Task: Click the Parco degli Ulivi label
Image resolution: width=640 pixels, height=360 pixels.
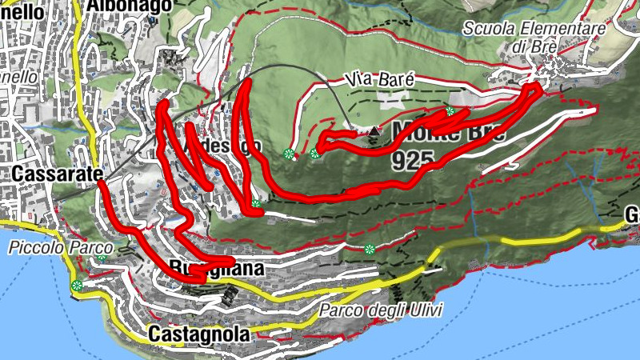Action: point(380,310)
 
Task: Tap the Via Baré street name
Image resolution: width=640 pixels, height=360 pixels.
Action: point(381,80)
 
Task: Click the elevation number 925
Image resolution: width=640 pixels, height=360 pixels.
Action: point(413,161)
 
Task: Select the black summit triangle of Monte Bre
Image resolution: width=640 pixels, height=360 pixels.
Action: point(374,130)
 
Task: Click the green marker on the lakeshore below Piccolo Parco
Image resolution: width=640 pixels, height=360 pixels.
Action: point(77,286)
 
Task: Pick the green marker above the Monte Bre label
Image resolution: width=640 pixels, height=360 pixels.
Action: point(450,111)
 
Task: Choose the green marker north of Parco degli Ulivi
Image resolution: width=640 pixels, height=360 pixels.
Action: point(370,250)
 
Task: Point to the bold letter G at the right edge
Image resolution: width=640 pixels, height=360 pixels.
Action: point(632,215)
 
